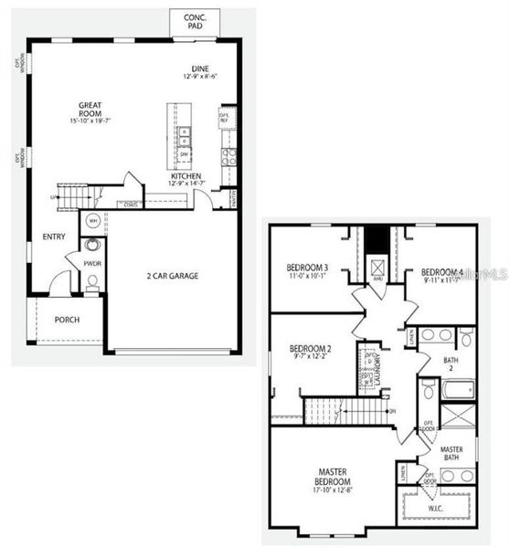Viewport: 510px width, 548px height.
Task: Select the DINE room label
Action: point(201,68)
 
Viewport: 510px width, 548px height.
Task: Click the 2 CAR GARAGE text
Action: point(173,275)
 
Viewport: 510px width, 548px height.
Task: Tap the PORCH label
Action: point(67,320)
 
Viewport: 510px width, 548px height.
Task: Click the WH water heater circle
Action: point(93,222)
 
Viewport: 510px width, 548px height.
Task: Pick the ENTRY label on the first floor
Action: point(54,237)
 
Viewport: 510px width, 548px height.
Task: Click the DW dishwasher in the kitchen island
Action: point(185,154)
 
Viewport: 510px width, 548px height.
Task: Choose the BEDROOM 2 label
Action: point(310,348)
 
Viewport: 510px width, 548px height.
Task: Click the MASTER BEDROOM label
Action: point(333,476)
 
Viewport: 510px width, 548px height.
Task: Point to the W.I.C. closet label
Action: point(436,507)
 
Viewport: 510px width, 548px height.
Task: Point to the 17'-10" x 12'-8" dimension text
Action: point(333,493)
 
